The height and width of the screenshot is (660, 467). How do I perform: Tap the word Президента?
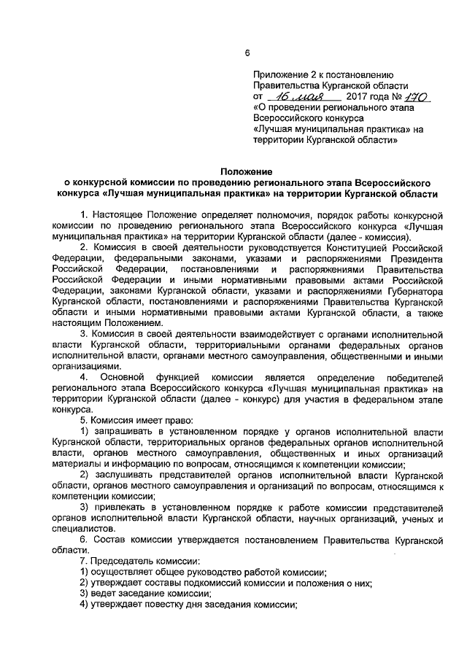(415, 259)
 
